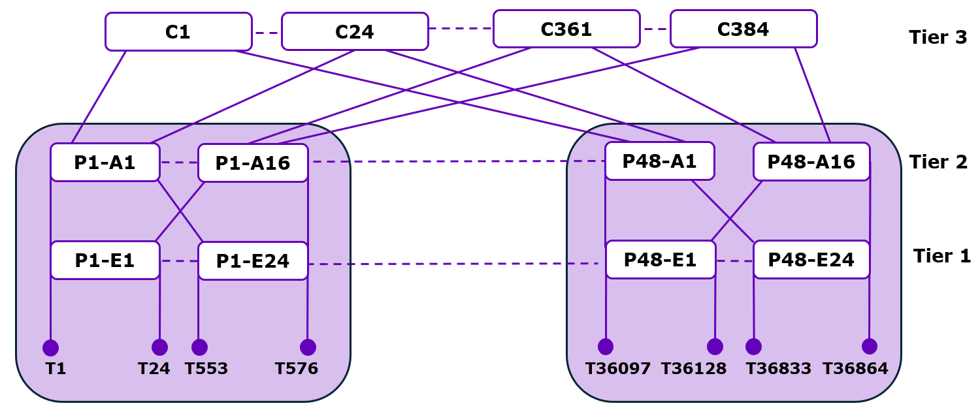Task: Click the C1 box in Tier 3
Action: [178, 31]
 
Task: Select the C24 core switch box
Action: [355, 31]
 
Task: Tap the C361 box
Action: [566, 29]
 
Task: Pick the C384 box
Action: [743, 29]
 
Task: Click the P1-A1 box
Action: [105, 162]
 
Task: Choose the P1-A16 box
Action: [253, 163]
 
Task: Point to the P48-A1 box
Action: [659, 161]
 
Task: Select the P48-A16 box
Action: [811, 161]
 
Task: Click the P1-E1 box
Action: [105, 260]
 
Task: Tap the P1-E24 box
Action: [253, 261]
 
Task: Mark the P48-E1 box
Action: [661, 259]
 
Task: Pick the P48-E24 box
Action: [811, 259]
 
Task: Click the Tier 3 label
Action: [938, 37]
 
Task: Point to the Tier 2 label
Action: [938, 161]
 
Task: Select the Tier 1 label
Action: [941, 256]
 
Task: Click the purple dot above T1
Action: [50, 347]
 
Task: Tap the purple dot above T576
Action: [308, 347]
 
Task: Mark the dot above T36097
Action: [606, 346]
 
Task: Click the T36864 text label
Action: [855, 369]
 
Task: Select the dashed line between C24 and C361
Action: [461, 29]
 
